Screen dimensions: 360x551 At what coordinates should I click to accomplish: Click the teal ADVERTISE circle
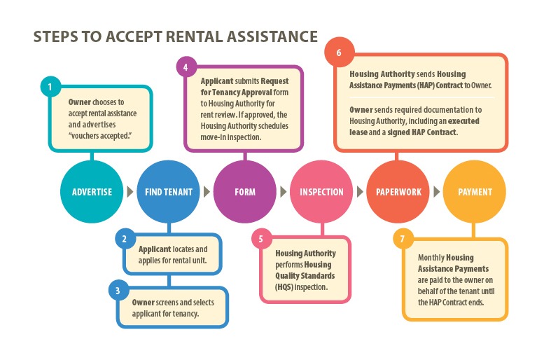(92, 192)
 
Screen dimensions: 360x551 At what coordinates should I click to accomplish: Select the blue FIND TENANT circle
(169, 192)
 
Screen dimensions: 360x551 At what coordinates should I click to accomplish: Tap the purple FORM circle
(245, 192)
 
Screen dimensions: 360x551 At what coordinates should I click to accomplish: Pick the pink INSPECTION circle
(321, 192)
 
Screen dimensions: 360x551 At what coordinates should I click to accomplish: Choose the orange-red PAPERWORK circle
(398, 192)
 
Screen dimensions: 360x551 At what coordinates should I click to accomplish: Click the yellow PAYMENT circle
(475, 192)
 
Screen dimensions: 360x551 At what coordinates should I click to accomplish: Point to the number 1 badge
(50, 88)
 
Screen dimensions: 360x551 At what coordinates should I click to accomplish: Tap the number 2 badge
(124, 239)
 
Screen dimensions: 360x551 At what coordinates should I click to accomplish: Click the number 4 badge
(186, 68)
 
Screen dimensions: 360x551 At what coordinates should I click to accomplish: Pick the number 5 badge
(260, 239)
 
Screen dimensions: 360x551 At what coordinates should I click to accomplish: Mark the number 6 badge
(339, 53)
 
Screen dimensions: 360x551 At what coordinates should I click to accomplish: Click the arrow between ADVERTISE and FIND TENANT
(130, 192)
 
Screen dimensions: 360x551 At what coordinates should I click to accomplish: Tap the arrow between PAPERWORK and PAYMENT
(436, 192)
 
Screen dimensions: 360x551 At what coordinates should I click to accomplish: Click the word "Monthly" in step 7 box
(431, 258)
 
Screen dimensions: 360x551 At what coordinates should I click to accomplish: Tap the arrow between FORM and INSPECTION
(283, 192)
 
